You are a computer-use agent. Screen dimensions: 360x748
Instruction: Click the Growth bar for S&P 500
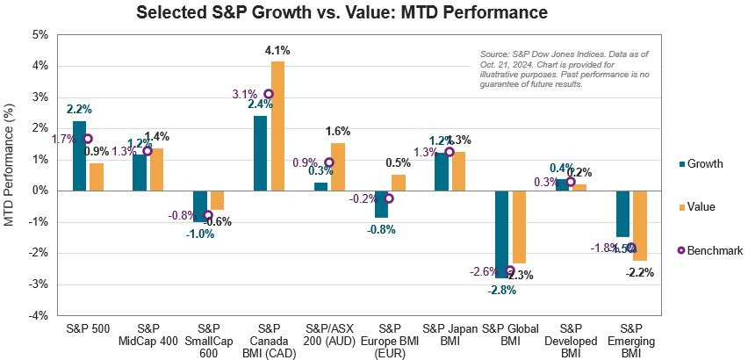[79, 155]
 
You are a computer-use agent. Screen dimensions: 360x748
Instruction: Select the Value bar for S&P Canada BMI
[277, 126]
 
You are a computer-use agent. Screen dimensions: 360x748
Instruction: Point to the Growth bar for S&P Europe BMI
[381, 203]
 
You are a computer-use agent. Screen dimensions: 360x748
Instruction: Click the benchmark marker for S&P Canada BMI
[269, 94]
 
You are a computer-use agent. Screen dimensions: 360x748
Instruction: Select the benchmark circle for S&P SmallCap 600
[208, 215]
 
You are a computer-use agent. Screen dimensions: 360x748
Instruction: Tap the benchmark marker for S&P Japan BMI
[449, 151]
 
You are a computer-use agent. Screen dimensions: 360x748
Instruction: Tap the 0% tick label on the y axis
[39, 191]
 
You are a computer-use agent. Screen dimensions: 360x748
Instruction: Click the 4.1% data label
[277, 51]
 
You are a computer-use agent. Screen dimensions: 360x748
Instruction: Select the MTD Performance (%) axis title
[10, 176]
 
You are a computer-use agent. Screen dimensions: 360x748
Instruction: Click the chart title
[342, 13]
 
